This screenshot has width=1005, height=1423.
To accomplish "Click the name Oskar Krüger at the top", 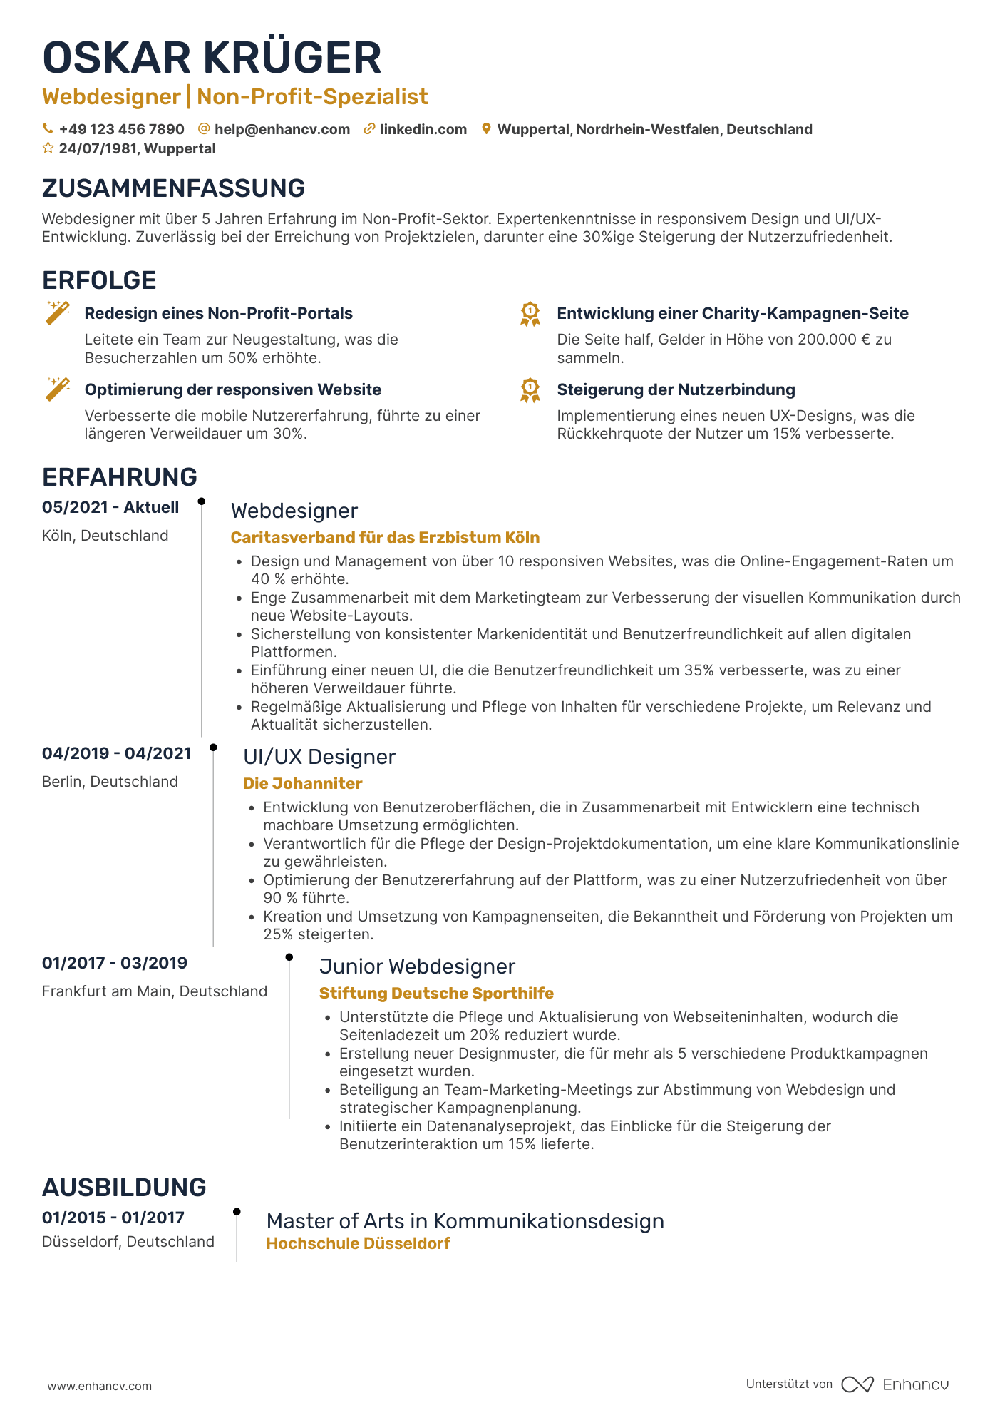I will coord(212,58).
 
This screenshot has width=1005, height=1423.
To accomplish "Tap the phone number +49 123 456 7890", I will coord(121,129).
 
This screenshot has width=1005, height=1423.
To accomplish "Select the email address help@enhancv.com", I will coord(282,129).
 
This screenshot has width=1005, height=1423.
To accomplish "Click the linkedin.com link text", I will coord(423,129).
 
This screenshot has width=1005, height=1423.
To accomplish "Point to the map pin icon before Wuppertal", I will coord(486,129).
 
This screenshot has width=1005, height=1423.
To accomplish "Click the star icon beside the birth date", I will coord(48,148).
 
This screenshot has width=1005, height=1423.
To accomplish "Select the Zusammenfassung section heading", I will coord(173,188).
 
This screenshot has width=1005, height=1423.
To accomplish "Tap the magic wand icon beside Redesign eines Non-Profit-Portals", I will coord(58,312).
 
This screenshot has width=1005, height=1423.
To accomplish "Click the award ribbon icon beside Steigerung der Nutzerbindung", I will coord(530,390).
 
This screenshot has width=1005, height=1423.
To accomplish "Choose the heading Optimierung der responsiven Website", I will coord(232,389).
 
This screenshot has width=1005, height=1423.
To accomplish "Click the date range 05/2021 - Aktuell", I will coord(110,507).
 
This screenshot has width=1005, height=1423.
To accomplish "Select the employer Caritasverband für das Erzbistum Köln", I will coord(385,538).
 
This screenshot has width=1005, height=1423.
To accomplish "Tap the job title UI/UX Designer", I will coord(319,757).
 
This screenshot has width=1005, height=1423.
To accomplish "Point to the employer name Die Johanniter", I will coord(303,784).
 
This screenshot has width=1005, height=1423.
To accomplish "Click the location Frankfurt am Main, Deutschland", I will coord(155,991).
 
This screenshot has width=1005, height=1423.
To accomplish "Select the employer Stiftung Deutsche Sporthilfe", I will coord(436,994).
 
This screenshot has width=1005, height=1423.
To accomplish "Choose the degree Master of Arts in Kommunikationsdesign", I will coord(465,1221).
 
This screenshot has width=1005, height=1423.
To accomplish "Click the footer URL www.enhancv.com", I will coord(100,1386).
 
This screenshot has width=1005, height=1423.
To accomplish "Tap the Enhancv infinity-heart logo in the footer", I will coord(857,1384).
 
